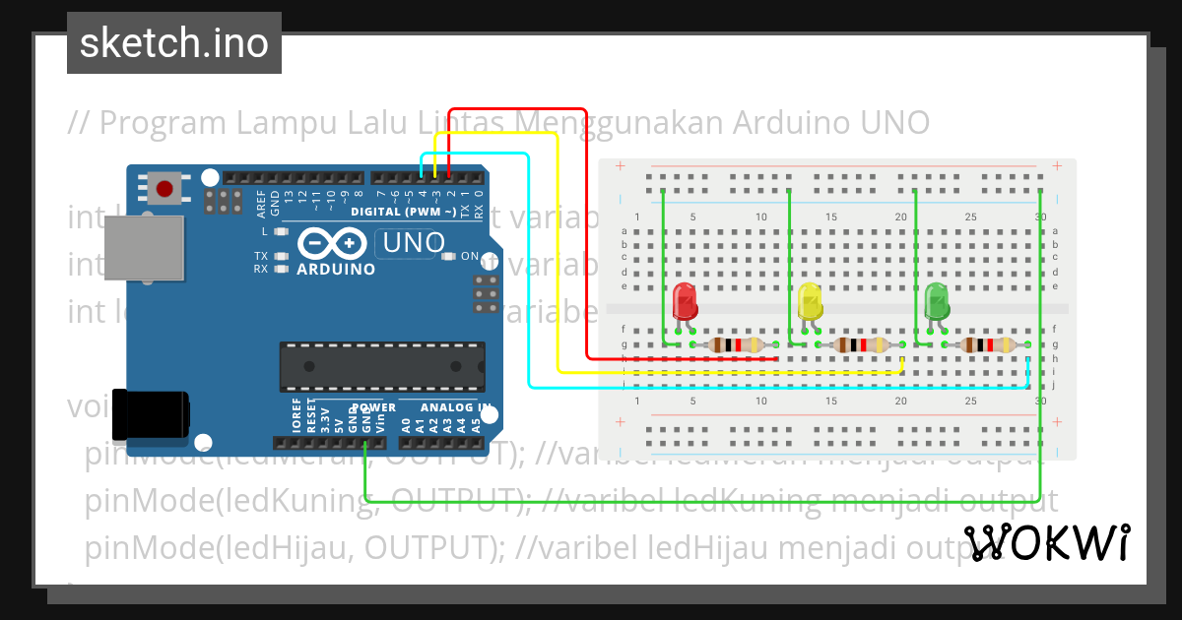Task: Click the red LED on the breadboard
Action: tap(685, 301)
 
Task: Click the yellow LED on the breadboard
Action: tap(810, 301)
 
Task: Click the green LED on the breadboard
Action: tap(937, 301)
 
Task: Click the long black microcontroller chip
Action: tap(382, 366)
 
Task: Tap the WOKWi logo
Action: tap(1047, 542)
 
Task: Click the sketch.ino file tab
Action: tap(174, 43)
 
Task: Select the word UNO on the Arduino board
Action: tap(414, 242)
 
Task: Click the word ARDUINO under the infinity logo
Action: tap(335, 269)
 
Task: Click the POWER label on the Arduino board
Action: tap(373, 407)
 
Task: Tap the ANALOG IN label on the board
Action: tap(456, 407)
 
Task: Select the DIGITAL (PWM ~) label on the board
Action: tap(404, 212)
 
